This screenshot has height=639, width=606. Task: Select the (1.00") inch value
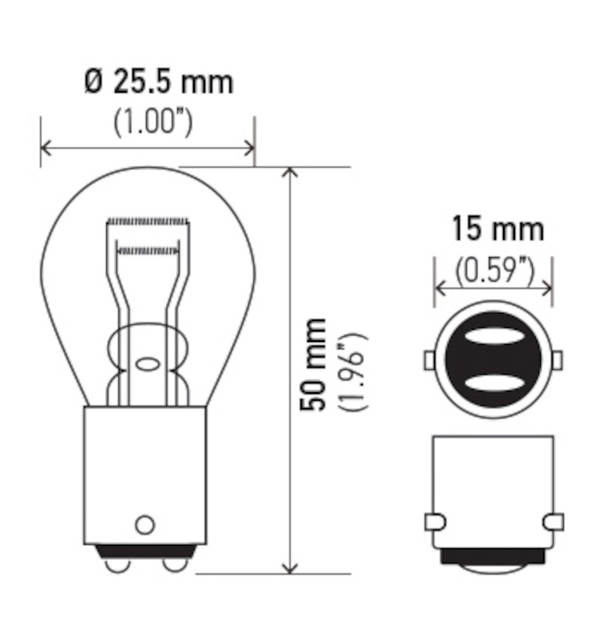coord(152,122)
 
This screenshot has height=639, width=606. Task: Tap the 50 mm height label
coord(314,363)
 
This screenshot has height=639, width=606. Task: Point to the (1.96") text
coord(352,371)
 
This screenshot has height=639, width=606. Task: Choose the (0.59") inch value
coord(494,272)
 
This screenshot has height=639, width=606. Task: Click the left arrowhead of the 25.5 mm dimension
coord(46,148)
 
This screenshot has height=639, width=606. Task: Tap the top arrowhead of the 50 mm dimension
coord(291,173)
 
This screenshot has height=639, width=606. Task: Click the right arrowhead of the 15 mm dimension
coord(547,288)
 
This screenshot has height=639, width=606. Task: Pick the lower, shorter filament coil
coord(148,251)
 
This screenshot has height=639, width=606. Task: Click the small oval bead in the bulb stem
coord(148,364)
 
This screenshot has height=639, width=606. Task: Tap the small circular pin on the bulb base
coord(145,525)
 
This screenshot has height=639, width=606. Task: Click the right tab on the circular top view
coord(556,359)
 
